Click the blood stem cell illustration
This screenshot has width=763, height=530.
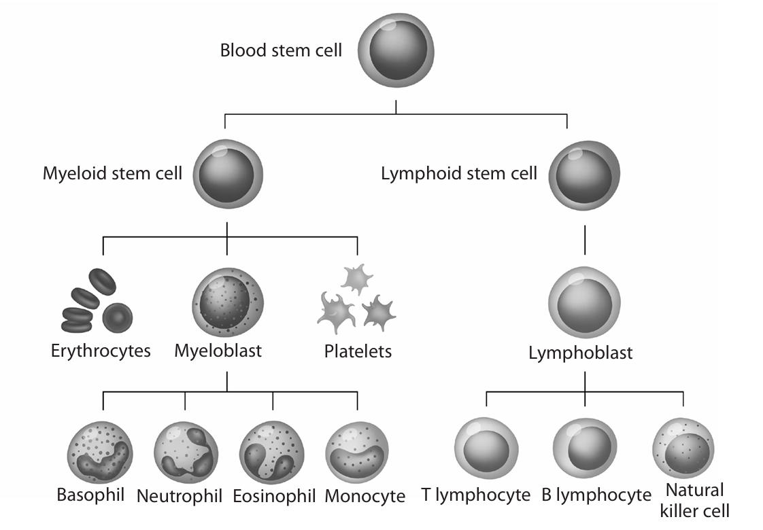(x=395, y=52)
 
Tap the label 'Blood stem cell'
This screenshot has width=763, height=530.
(x=281, y=50)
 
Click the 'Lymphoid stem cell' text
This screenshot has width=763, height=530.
(x=459, y=173)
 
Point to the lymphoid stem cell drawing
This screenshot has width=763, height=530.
(x=584, y=175)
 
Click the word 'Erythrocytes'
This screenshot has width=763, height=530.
(x=101, y=351)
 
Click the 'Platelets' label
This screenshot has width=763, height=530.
(x=358, y=351)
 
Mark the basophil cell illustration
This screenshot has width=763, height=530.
(x=101, y=453)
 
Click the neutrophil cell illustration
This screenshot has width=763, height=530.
(x=186, y=453)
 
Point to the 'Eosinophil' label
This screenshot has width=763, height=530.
(x=274, y=495)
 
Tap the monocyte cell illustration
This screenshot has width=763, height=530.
(x=358, y=453)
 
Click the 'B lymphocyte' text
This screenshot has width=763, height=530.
(x=596, y=495)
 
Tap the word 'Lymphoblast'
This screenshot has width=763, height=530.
(x=580, y=353)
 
